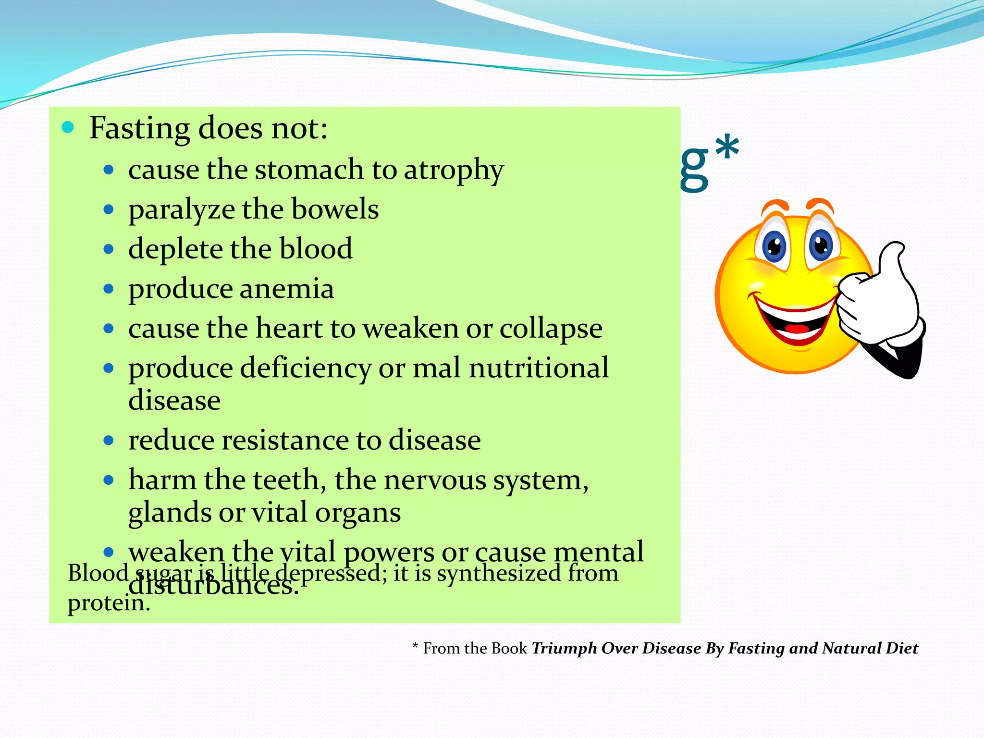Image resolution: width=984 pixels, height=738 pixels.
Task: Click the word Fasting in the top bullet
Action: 140,129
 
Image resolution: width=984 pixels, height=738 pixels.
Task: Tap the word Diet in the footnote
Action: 901,649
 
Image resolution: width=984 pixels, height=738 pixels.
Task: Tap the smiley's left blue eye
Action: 774,246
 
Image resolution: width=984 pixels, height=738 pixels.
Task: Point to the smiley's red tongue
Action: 797,329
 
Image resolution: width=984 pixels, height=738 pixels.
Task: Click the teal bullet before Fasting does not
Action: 68,128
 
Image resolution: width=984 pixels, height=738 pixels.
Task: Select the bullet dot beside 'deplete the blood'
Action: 109,249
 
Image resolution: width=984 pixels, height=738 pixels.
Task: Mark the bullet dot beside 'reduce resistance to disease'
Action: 109,440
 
